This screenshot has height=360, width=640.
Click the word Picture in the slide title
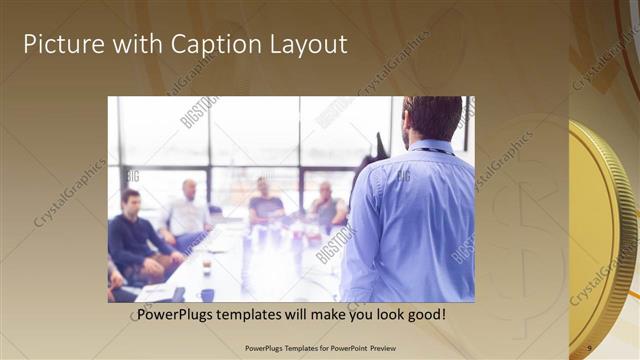[61, 45]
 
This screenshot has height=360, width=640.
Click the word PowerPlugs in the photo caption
[177, 315]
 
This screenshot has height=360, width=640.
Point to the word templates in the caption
[258, 315]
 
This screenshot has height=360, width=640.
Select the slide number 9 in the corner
[589, 348]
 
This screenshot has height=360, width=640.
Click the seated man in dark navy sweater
[135, 237]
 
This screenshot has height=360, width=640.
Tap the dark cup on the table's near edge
[207, 295]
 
